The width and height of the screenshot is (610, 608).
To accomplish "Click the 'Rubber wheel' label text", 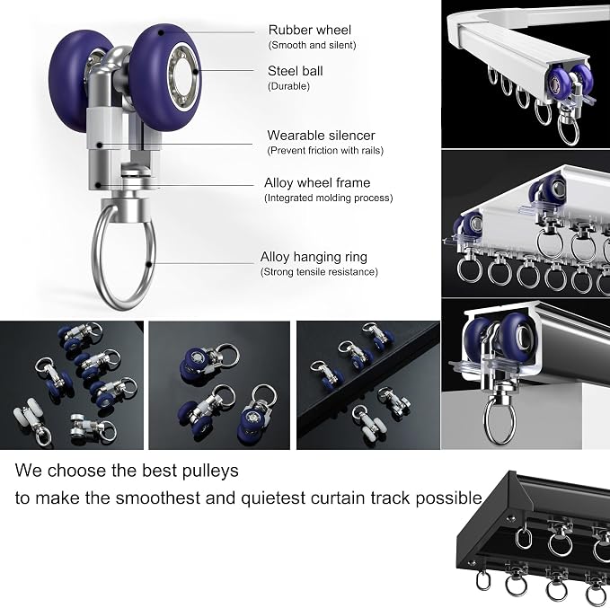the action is point(310,30).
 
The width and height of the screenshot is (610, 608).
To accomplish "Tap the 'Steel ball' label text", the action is point(296,71).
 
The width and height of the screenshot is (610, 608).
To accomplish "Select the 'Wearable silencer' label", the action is point(321,136).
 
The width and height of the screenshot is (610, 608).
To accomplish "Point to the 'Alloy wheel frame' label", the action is point(317,183).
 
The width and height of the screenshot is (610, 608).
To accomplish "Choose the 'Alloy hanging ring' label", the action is point(314,257).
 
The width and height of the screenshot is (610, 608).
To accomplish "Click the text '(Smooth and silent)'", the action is point(312,45).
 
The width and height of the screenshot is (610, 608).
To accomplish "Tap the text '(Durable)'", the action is point(288,86).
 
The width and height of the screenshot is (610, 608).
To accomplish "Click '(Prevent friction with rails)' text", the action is point(325,151).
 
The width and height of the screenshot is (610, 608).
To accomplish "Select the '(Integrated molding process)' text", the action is point(328,198).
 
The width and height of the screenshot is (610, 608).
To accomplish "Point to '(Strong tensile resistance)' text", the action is point(319,272).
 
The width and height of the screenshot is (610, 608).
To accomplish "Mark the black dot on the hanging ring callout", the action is point(148,265).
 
